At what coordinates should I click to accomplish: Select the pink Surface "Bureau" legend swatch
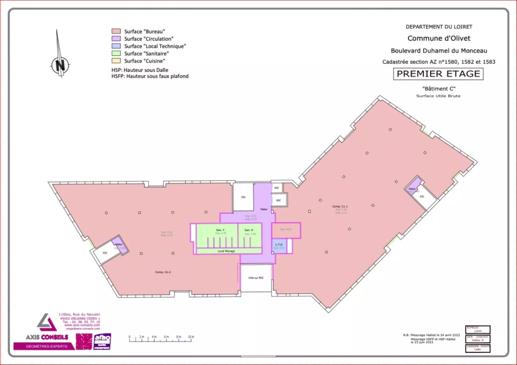pos(116,31)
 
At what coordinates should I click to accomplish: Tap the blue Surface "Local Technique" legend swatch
pos(116,46)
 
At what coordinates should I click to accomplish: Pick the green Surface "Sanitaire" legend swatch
pos(116,53)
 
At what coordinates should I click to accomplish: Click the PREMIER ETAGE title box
pos(438,74)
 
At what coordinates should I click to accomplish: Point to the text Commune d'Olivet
pos(439,38)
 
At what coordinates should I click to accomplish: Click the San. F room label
pos(220,230)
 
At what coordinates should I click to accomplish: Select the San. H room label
pos(249,230)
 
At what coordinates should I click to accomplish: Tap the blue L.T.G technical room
pos(279,246)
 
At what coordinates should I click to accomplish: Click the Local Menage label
pos(226,251)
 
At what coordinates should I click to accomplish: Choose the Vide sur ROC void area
pos(256,278)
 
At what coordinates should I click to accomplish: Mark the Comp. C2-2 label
pos(163,272)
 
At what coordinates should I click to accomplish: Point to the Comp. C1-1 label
pos(340,206)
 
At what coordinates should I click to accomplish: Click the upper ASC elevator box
pos(277,188)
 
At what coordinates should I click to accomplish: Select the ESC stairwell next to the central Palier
pos(243,197)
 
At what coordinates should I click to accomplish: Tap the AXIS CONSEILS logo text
pos(47,337)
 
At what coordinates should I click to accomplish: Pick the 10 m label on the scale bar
pos(191,337)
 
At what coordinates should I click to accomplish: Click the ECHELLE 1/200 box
pos(478,330)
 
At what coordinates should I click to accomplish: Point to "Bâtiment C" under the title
pos(439,89)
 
